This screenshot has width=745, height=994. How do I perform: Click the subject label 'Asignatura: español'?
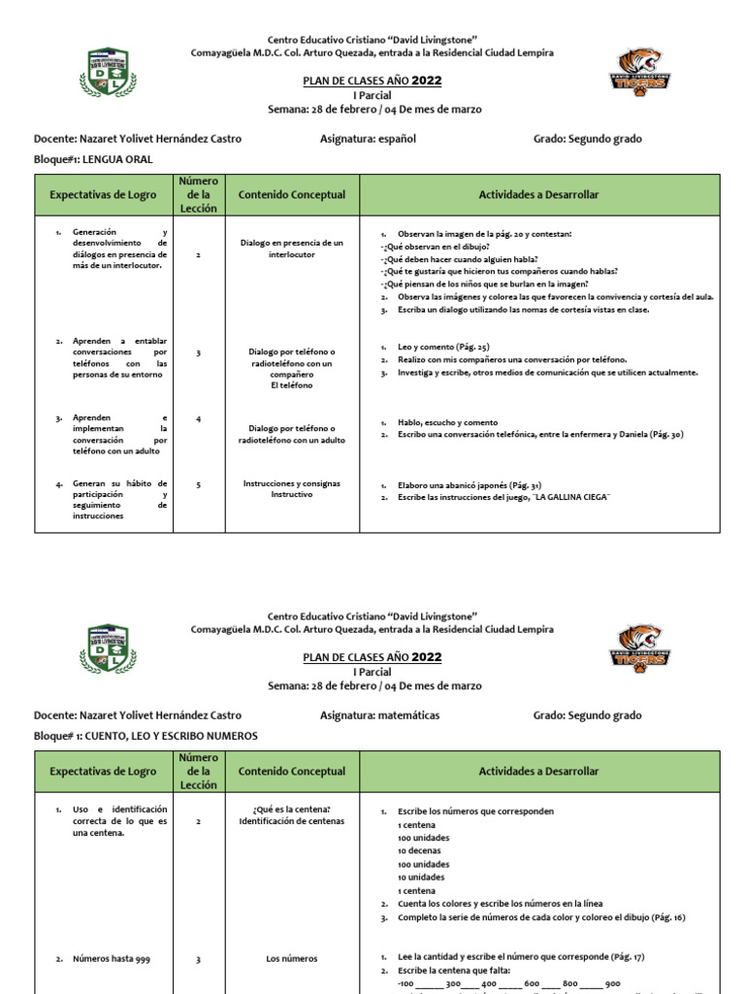point(368,139)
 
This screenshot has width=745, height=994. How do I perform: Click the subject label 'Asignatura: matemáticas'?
point(379,715)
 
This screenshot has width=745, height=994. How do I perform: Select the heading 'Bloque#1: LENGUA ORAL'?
point(93,159)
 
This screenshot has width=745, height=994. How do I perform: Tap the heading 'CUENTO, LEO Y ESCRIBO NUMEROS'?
point(172,736)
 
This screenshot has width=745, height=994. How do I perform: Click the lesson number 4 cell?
point(198,419)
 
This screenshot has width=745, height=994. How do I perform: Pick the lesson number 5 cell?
point(198,483)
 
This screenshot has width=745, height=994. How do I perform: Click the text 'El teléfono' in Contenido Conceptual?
point(291,385)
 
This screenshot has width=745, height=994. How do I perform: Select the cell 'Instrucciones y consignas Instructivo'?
point(291,488)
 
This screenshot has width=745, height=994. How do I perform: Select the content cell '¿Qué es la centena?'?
point(292,809)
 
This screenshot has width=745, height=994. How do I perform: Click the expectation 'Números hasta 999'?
point(111,959)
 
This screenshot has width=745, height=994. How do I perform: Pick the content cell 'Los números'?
point(292,959)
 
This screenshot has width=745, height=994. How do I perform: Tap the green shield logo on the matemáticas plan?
point(107,647)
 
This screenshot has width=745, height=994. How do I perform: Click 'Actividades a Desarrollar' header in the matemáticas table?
point(538,772)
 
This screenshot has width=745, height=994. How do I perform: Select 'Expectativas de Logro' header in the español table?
point(104,195)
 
